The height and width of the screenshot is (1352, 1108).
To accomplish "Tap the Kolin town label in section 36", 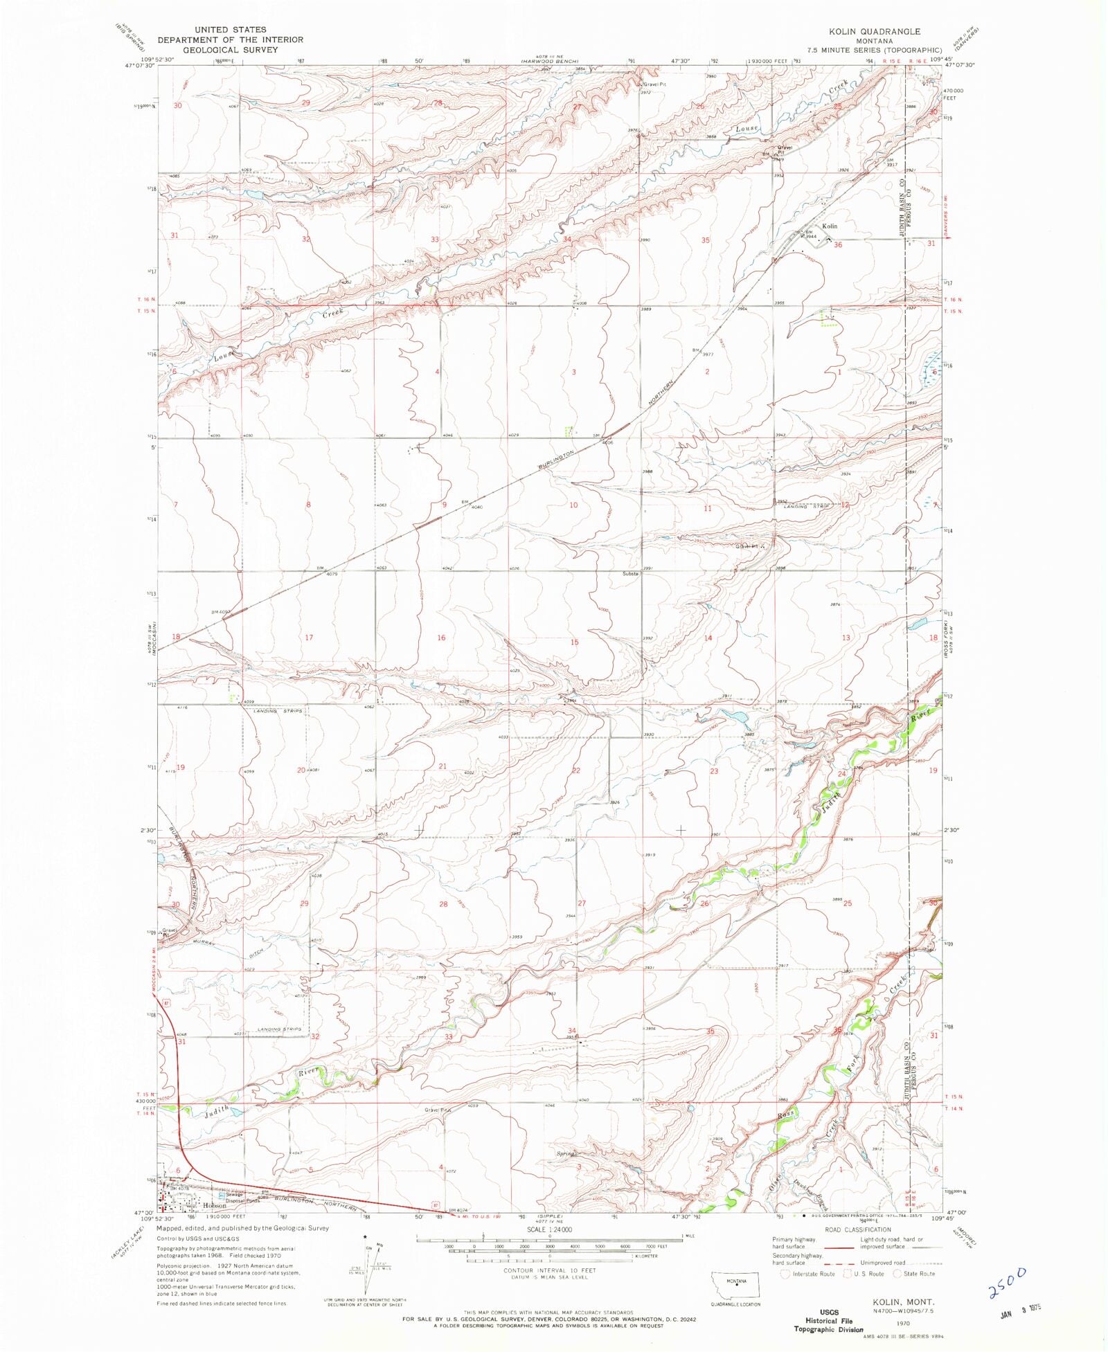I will pyautogui.click(x=829, y=226).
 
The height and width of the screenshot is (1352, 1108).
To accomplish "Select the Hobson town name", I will pyautogui.click(x=214, y=1205).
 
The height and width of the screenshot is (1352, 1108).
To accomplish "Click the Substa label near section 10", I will pyautogui.click(x=629, y=574).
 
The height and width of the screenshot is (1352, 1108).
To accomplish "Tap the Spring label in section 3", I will pyautogui.click(x=566, y=1154).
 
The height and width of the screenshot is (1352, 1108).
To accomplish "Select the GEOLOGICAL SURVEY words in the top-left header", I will pyautogui.click(x=230, y=50).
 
